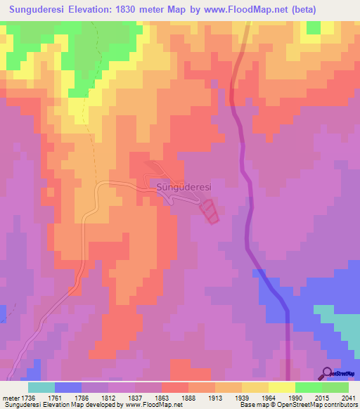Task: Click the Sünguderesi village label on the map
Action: click(x=183, y=188)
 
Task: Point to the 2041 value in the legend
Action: click(x=339, y=397)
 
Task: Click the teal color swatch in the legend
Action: click(x=41, y=387)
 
